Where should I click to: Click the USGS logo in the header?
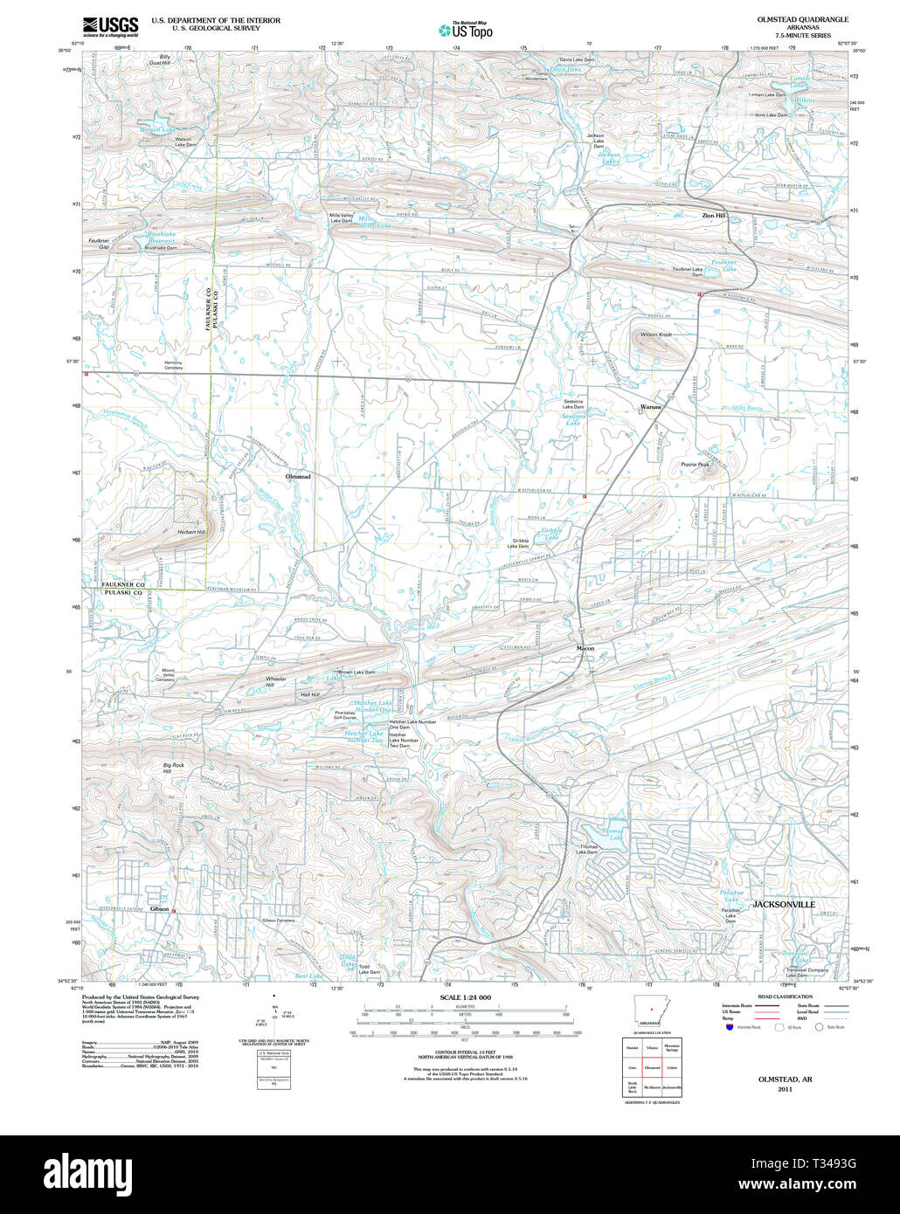pyautogui.click(x=110, y=27)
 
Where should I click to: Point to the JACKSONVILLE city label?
pyautogui.click(x=783, y=905)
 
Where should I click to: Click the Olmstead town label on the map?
pyautogui.click(x=298, y=477)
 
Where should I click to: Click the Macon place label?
pyautogui.click(x=585, y=649)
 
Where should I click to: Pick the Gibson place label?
pyautogui.click(x=159, y=909)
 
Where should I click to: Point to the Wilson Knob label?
pyautogui.click(x=655, y=335)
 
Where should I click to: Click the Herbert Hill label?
pyautogui.click(x=191, y=532)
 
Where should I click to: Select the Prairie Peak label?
pyautogui.click(x=695, y=465)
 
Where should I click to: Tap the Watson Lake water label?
pyautogui.click(x=157, y=129)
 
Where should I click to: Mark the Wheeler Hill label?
pyautogui.click(x=275, y=682)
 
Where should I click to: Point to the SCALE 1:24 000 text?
pyautogui.click(x=465, y=997)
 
